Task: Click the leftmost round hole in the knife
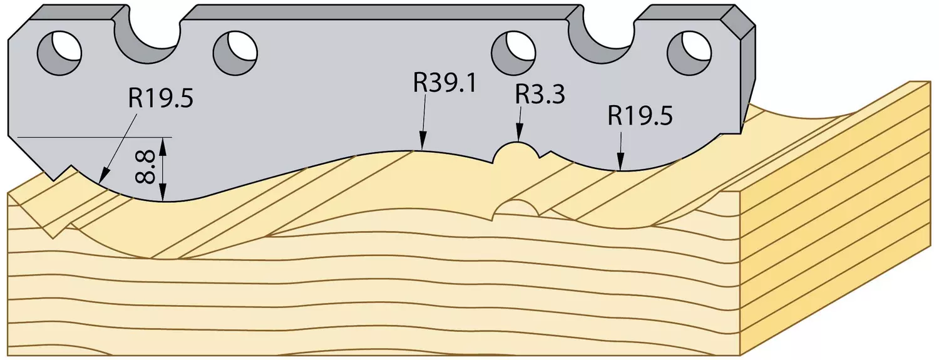59,53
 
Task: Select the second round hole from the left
235,53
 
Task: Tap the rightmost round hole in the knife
690,53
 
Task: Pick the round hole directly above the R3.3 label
514,53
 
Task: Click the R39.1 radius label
444,83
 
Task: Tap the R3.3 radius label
540,95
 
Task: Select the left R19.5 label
161,99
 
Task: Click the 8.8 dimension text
145,167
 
